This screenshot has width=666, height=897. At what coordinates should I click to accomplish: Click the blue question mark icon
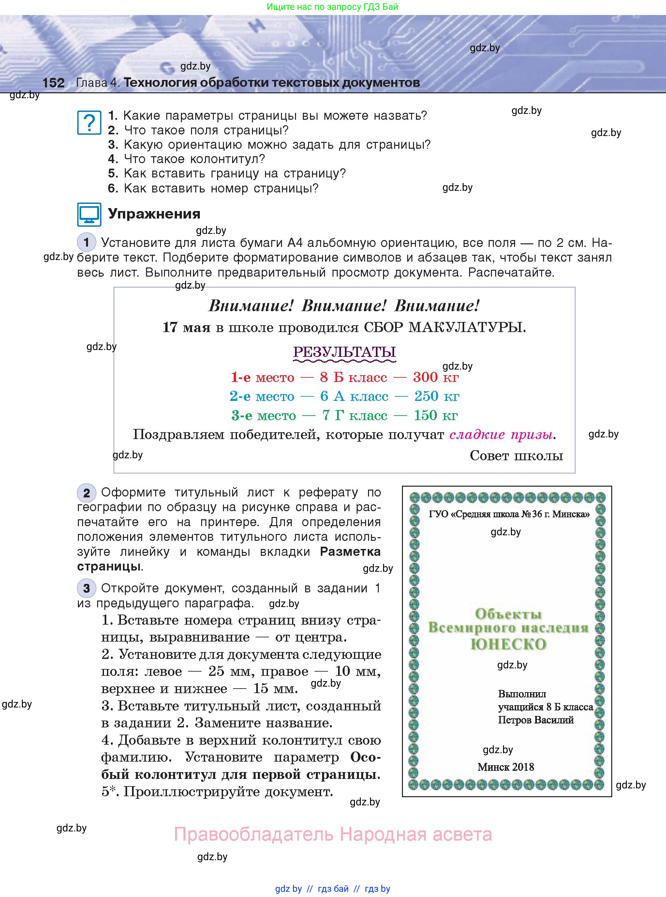89,123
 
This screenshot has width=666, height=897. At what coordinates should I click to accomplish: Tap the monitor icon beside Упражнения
89,214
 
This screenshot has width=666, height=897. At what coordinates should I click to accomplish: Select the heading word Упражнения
154,214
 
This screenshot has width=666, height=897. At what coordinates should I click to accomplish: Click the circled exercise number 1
86,242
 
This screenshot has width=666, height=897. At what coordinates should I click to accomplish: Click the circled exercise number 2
86,493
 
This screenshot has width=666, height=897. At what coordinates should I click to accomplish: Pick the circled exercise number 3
86,588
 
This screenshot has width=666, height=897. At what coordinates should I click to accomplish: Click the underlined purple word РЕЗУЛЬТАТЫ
344,352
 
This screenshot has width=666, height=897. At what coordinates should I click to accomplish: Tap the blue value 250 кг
437,396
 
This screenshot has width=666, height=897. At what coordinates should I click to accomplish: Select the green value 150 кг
436,416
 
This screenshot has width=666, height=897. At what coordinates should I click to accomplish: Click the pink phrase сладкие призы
501,434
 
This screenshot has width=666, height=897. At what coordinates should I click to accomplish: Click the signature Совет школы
516,455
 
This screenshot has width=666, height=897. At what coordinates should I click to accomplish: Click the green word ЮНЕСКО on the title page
508,644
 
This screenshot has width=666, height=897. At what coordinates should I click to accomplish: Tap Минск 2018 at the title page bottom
506,767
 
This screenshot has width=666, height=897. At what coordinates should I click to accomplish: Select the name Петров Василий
535,720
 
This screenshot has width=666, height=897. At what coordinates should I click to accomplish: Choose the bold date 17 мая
186,327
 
